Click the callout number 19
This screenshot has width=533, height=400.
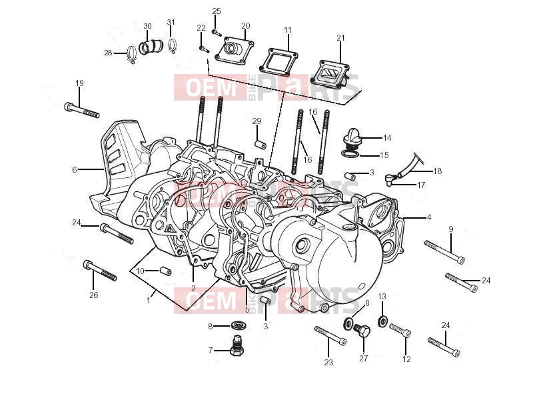[79, 83]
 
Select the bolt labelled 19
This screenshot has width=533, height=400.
[81, 110]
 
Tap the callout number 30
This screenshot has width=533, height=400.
[147, 26]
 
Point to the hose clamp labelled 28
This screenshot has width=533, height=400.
[131, 55]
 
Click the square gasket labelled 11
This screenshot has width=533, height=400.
[279, 61]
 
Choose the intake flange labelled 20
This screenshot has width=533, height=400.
[235, 51]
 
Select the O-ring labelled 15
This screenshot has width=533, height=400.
[350, 155]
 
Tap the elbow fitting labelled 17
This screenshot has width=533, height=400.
[389, 179]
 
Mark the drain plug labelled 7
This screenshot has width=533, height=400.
[236, 345]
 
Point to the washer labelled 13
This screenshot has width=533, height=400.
[382, 321]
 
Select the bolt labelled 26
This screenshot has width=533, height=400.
[100, 271]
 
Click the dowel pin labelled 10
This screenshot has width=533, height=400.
[165, 271]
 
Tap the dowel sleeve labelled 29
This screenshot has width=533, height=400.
[261, 143]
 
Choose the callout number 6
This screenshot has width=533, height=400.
[75, 169]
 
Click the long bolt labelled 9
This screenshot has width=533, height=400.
[444, 251]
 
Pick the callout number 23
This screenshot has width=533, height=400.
[328, 363]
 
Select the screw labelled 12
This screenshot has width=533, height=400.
[400, 330]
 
